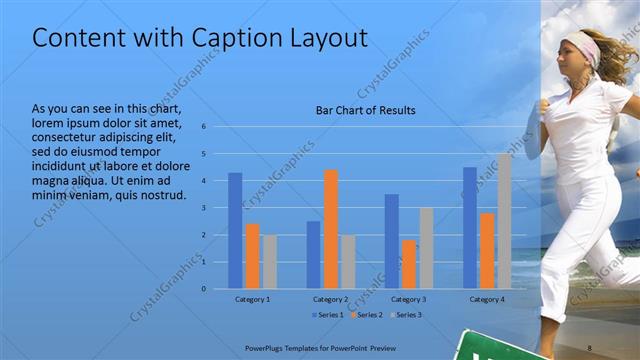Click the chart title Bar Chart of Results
[x=365, y=110]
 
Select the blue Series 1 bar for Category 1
[x=235, y=231]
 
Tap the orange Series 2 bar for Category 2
[x=331, y=229]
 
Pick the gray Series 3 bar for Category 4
[x=504, y=221]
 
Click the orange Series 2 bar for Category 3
[x=409, y=264]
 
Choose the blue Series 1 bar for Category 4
[x=470, y=228]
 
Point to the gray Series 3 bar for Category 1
[x=270, y=262]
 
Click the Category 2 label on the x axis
[x=331, y=299]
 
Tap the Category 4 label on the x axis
[x=487, y=299]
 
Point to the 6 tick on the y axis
[x=203, y=127]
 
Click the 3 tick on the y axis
[x=203, y=208]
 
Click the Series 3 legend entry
[x=406, y=315]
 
